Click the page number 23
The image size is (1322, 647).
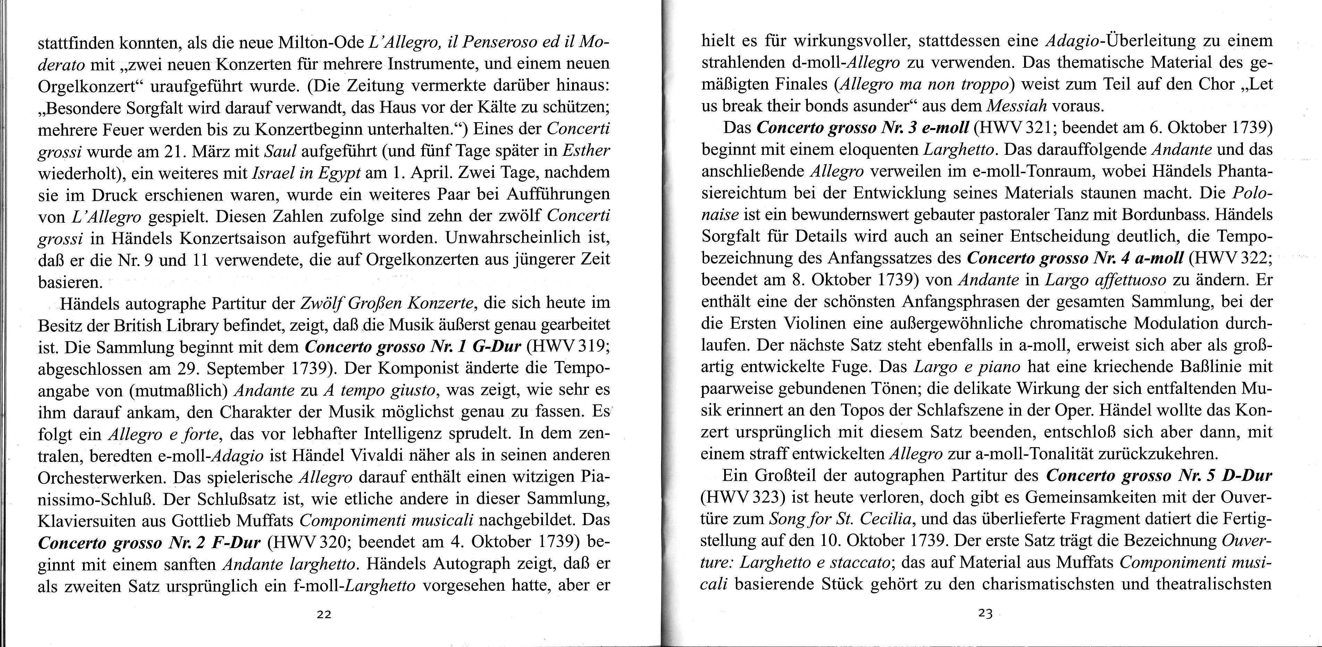[986, 614]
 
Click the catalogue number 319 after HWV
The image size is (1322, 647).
[595, 347]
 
